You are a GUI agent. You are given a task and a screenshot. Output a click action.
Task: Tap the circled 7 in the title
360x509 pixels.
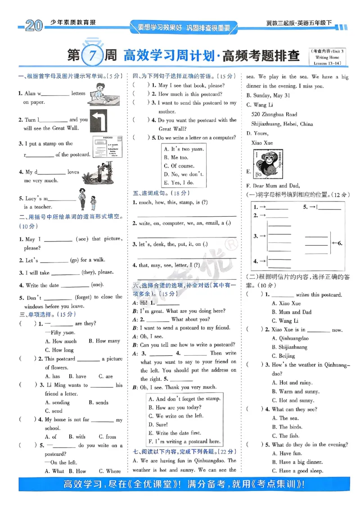[x=92, y=56]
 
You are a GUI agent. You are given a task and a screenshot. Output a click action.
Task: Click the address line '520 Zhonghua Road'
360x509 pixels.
[x=274, y=115]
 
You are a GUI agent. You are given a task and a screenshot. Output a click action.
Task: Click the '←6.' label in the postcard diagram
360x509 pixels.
[x=337, y=243]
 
